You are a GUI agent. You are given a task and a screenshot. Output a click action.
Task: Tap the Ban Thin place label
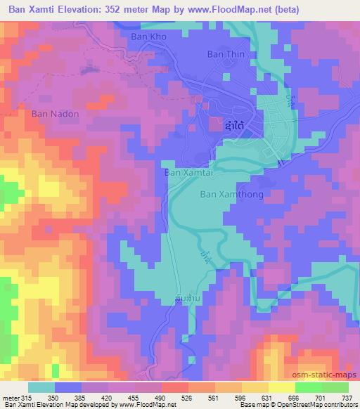click(224, 53)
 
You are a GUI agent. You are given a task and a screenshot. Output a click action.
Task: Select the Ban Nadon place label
click(55, 112)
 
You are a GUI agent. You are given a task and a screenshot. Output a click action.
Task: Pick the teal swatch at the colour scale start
click(42, 387)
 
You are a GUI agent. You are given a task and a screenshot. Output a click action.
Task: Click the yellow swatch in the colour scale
click(281, 387)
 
